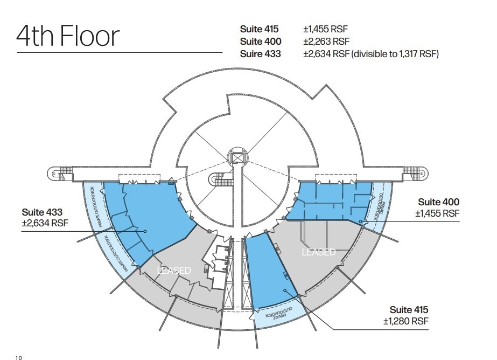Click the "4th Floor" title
[x=68, y=36]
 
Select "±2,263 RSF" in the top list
[x=326, y=41]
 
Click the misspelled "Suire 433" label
[x=261, y=54]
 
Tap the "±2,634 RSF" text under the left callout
[x=45, y=223]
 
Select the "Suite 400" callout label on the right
[x=439, y=202]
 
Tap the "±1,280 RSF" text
[x=406, y=322]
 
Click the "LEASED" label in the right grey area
[x=319, y=252]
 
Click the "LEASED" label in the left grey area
[x=173, y=270]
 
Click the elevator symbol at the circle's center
[x=236, y=156]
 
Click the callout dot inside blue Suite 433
[x=145, y=231]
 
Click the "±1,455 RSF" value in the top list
[x=326, y=29]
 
